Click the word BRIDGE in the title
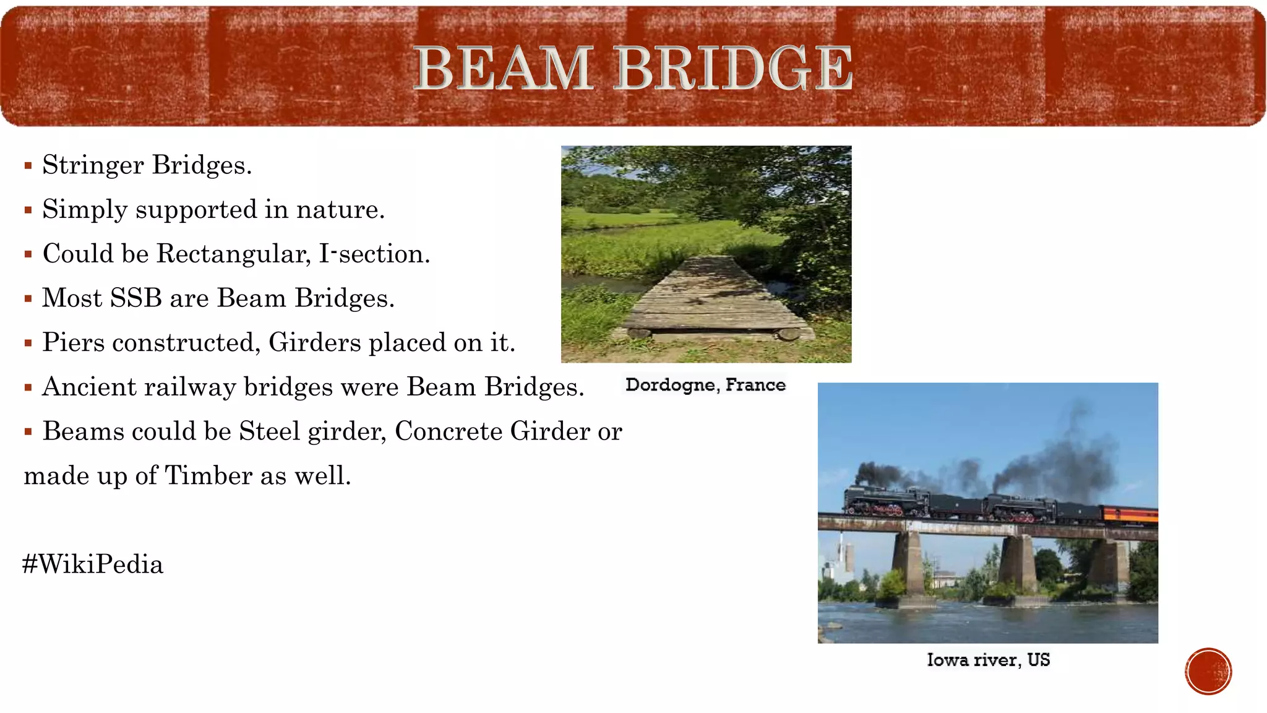click(x=734, y=68)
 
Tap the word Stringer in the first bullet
click(x=93, y=165)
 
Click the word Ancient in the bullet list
click(x=89, y=387)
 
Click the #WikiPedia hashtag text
click(x=93, y=564)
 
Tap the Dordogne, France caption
click(x=705, y=385)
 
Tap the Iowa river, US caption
click(x=988, y=660)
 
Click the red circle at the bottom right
click(x=1208, y=672)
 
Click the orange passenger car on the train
click(x=1129, y=514)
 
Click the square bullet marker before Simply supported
click(x=28, y=210)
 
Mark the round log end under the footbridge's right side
click(x=789, y=334)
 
